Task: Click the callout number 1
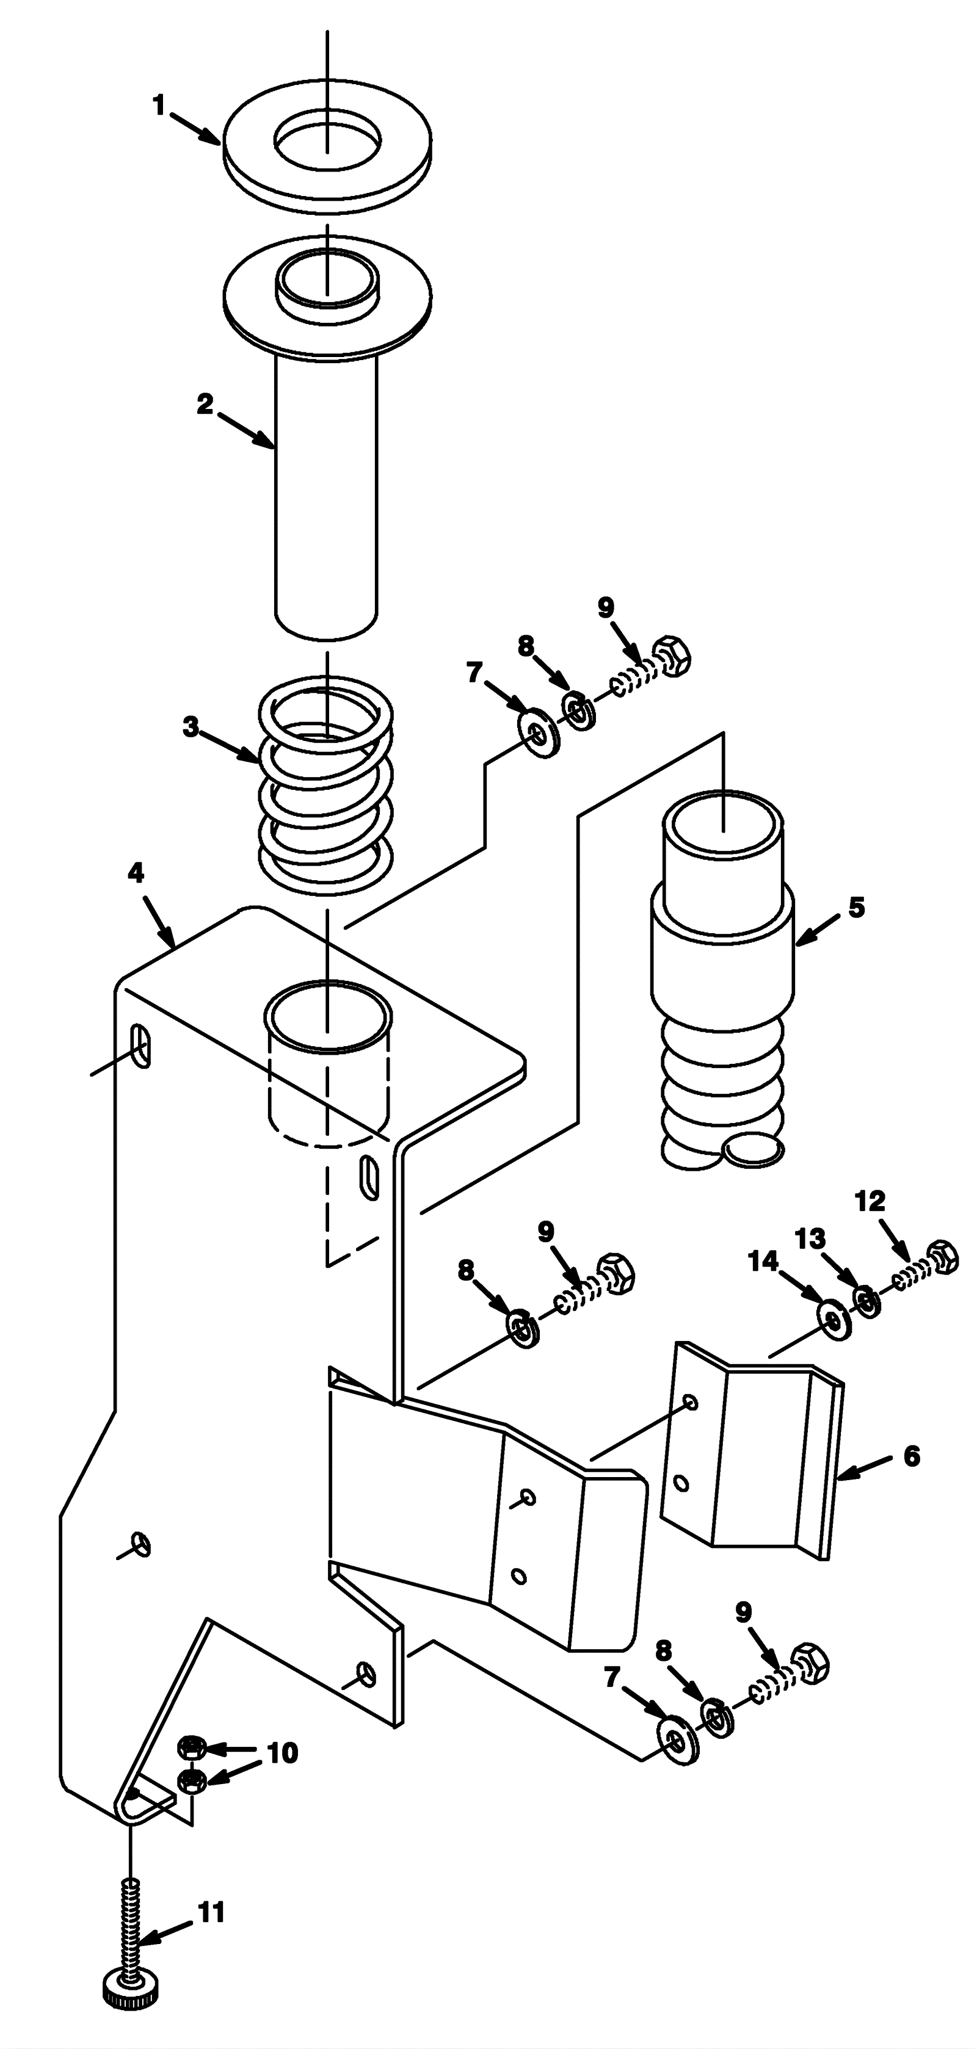click(159, 105)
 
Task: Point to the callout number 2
click(205, 404)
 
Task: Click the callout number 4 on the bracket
click(136, 873)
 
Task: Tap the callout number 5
click(856, 907)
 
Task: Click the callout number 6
click(912, 1456)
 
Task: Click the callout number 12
click(870, 1201)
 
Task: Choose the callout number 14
click(763, 1261)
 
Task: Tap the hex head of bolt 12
click(943, 1257)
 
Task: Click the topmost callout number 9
click(606, 609)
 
